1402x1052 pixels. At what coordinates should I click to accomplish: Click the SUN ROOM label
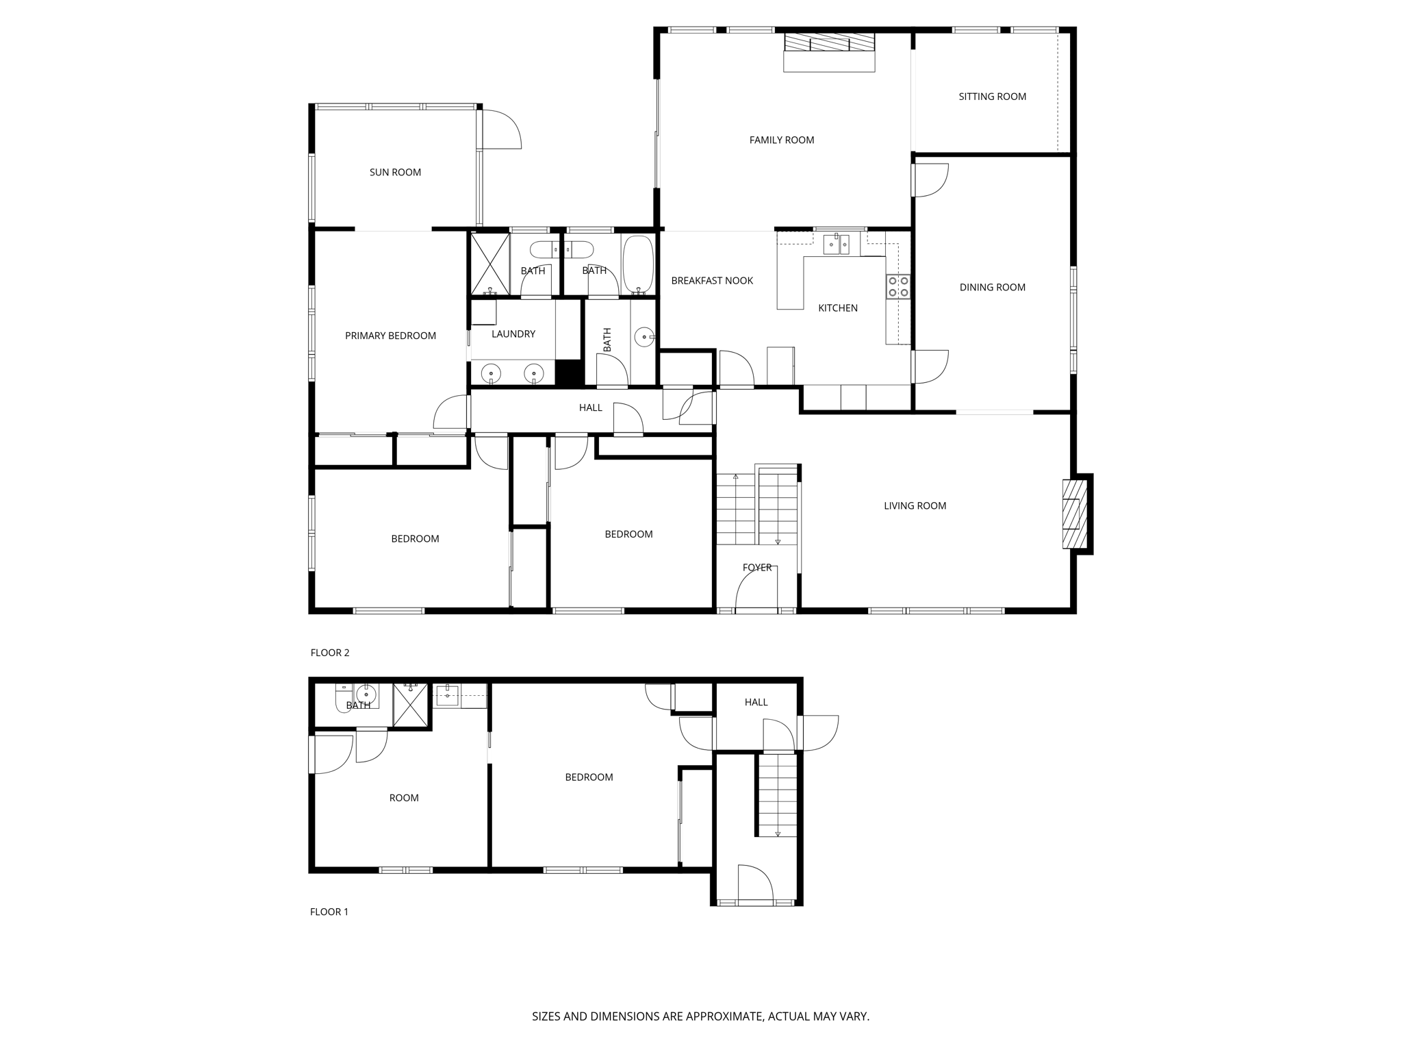pos(395,173)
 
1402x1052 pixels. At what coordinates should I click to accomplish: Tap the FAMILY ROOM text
pos(781,140)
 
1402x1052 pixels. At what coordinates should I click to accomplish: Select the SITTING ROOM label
pos(992,97)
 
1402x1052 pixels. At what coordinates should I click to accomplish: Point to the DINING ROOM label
pos(992,288)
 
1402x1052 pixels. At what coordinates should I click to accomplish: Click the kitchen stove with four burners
pos(898,286)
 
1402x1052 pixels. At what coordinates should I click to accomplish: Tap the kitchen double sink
pos(836,244)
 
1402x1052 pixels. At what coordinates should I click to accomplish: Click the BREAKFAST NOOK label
pos(712,281)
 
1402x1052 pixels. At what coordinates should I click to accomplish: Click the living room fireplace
pos(1073,514)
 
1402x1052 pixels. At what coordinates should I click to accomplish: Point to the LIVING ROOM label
pos(915,506)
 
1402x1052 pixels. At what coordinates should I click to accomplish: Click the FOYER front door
pos(756,593)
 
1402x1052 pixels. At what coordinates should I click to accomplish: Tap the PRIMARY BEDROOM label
pos(390,336)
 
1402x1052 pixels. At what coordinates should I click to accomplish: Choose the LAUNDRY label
pos(513,334)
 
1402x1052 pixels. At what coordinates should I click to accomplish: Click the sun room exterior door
pos(500,130)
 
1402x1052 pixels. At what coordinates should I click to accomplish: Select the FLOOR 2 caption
pos(330,653)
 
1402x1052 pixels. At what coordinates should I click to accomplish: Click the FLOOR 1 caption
pos(329,912)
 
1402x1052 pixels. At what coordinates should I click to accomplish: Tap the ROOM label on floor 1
pos(404,798)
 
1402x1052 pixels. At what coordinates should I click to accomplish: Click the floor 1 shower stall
pos(410,704)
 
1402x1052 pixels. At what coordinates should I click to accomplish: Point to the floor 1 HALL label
pos(756,702)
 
